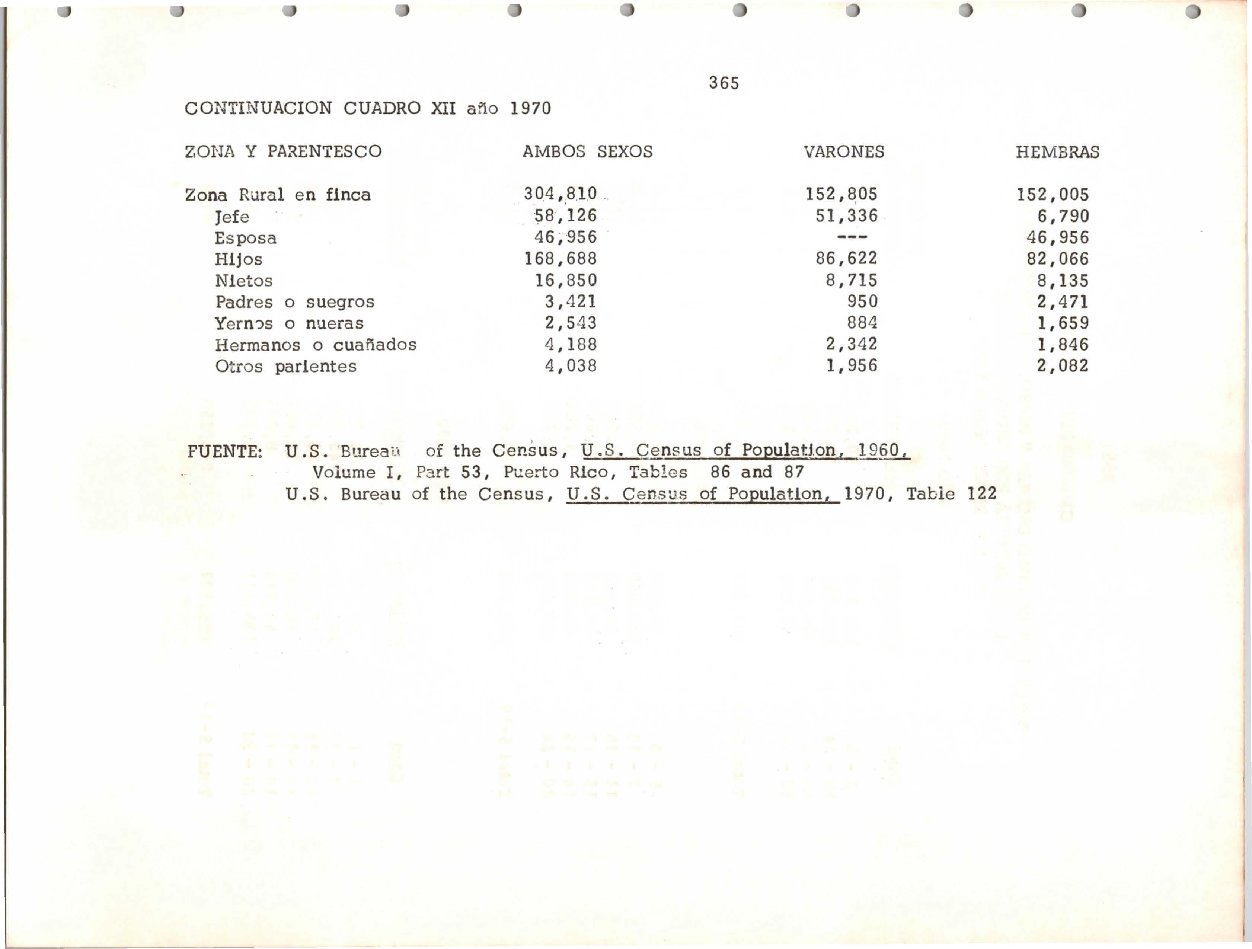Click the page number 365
(x=724, y=83)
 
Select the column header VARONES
(x=843, y=152)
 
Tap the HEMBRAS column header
(x=1057, y=152)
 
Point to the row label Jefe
(x=232, y=217)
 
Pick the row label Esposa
(x=246, y=238)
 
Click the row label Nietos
(x=243, y=281)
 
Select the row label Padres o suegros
(x=294, y=302)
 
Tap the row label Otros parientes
(x=286, y=367)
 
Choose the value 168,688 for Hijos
(x=560, y=259)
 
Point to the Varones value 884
(x=862, y=323)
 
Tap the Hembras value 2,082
(x=1063, y=366)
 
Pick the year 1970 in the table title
(x=530, y=108)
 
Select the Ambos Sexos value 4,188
(x=571, y=345)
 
